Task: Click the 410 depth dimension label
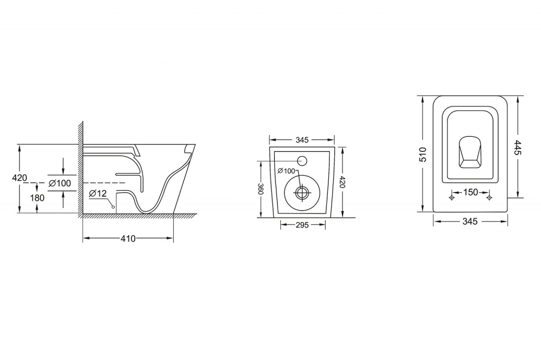coord(128,238)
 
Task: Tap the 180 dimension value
coord(37,198)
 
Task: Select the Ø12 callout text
coord(98,194)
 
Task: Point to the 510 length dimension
coord(423,155)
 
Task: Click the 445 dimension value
coord(518,147)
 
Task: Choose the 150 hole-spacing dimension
coord(470,192)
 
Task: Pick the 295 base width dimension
coord(302,225)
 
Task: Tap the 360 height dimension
coord(261,189)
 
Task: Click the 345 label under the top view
coord(470,221)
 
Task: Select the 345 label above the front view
coord(302,140)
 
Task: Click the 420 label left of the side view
coord(19,178)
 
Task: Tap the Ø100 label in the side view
coord(60,183)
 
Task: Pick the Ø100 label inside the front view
coord(286,171)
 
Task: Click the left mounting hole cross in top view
coord(452,198)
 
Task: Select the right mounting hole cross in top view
coord(489,198)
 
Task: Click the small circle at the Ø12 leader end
coord(113,207)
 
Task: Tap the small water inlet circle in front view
coord(302,161)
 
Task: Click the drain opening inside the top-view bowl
coord(470,152)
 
